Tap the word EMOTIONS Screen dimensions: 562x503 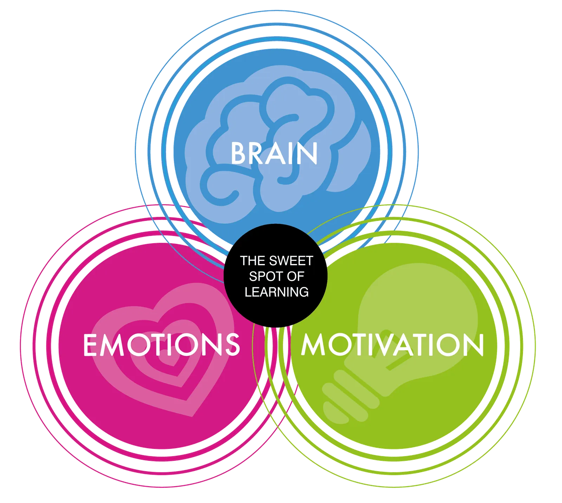coord(162,345)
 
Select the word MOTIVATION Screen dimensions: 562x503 coord(392,345)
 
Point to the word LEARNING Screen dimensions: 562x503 coord(277,292)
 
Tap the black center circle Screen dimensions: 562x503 coord(276,275)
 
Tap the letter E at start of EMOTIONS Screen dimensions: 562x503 coord(90,345)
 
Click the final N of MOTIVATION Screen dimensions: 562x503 coord(474,345)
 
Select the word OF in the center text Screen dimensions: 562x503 coord(295,276)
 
